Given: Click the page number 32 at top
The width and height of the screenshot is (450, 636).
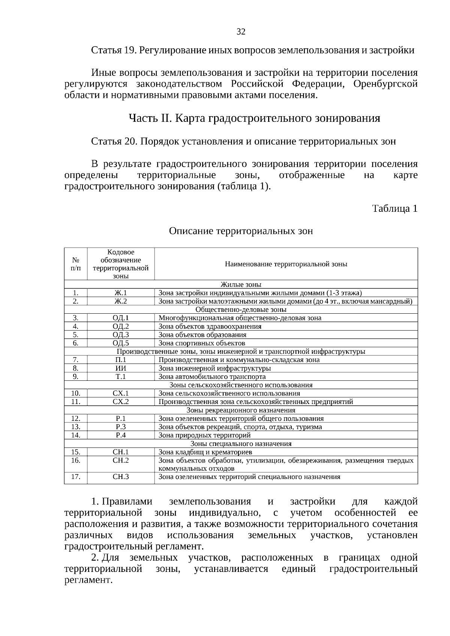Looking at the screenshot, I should (x=241, y=32).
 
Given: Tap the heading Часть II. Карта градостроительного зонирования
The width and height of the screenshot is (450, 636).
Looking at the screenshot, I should (x=255, y=119).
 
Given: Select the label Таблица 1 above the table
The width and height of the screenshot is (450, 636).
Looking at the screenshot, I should (x=394, y=209).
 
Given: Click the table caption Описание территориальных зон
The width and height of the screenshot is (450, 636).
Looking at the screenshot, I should (x=241, y=231).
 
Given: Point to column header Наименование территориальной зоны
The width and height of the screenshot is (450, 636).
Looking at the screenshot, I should (x=286, y=264).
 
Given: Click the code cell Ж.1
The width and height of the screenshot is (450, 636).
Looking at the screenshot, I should (x=121, y=293).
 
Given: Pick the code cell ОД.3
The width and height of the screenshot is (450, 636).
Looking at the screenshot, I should (x=121, y=335).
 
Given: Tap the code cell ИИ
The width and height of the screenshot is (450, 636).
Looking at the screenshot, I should (x=121, y=368).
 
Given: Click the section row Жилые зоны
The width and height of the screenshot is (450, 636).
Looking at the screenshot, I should (x=241, y=284).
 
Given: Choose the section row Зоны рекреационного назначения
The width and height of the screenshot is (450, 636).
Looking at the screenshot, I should (x=241, y=410).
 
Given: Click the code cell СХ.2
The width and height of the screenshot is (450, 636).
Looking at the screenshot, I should (x=121, y=402).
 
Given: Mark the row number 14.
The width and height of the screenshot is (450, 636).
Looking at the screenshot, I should (x=76, y=435).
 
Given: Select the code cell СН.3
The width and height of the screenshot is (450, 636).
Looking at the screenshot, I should (x=121, y=477).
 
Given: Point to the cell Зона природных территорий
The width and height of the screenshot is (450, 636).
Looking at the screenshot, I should (x=204, y=435).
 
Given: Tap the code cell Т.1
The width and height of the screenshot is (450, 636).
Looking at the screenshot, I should (x=121, y=377).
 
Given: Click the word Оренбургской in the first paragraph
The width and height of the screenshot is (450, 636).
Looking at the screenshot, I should (x=385, y=84).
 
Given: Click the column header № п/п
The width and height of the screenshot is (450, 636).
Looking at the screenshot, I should (x=76, y=264).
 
